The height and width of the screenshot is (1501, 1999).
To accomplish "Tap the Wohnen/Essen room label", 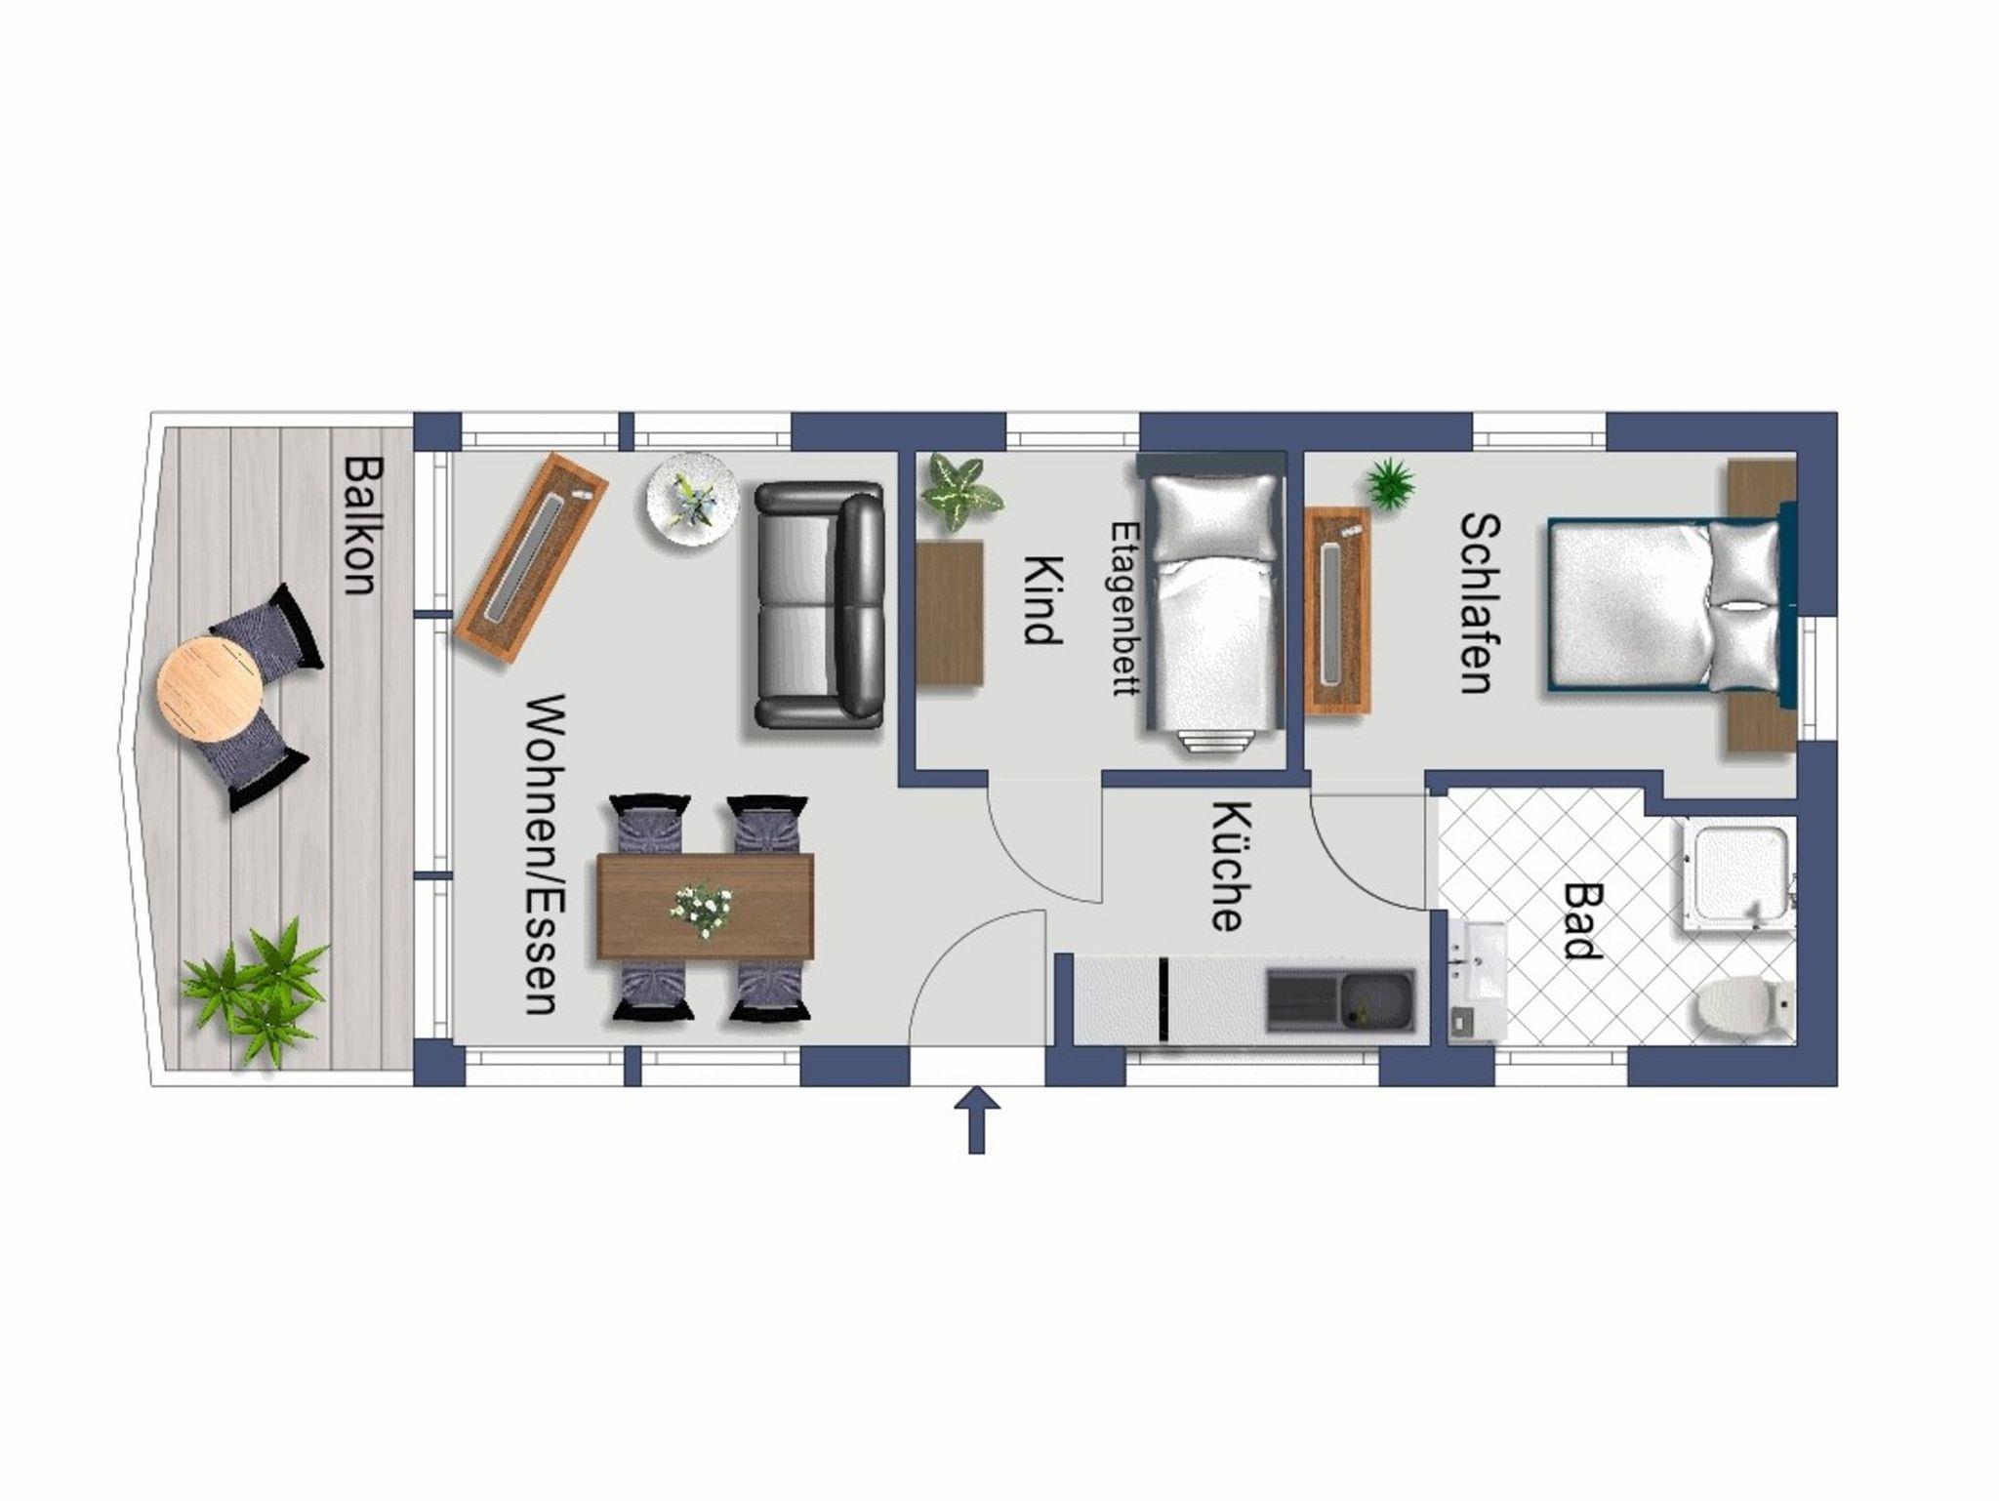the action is click(541, 854).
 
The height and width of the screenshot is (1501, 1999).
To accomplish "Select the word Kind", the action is click(1041, 600).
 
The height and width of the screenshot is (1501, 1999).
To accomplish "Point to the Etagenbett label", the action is click(1125, 607).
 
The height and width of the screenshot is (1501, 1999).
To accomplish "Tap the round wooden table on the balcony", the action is click(210, 689).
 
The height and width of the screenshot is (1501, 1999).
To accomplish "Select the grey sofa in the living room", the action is click(820, 605).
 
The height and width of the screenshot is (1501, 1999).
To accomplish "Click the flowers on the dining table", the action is click(701, 911).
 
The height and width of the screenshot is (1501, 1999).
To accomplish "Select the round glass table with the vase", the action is click(693, 498).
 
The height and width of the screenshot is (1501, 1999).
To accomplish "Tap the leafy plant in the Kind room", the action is click(960, 494).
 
